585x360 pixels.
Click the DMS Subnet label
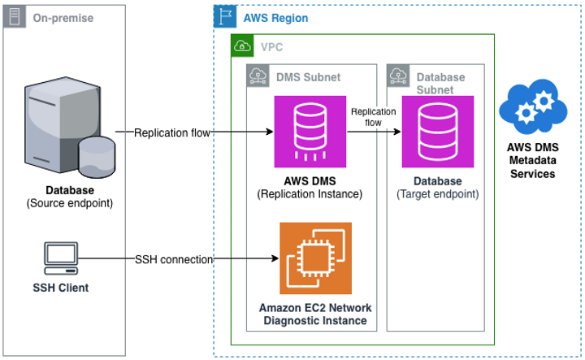coord(308,77)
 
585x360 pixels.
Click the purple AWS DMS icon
coord(310,131)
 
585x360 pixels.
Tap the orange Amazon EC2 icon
coord(315,258)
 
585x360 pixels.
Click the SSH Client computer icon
coord(60,259)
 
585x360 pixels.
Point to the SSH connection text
coord(173,259)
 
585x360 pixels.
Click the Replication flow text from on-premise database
coord(173,132)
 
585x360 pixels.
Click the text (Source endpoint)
coord(68,202)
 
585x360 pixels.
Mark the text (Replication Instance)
coord(310,194)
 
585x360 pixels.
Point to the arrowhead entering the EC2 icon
coord(274,259)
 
